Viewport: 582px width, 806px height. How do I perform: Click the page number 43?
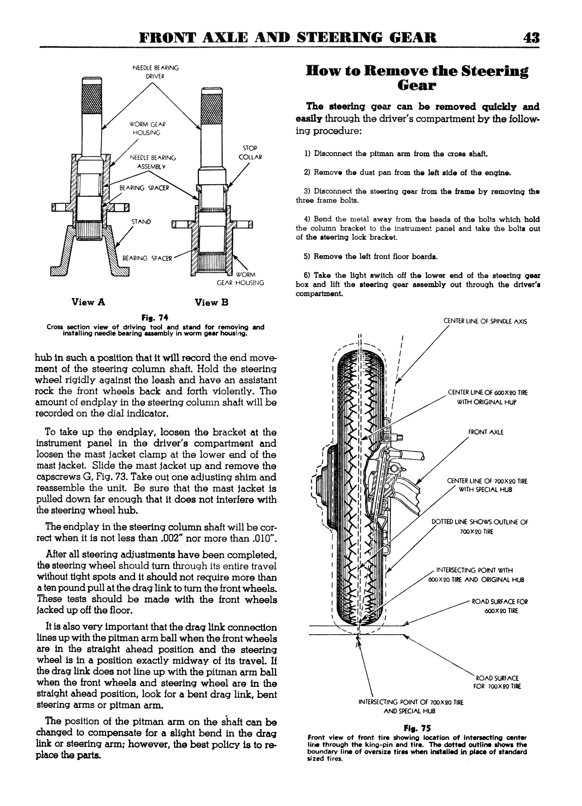(531, 38)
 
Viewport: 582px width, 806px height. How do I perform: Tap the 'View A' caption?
(88, 302)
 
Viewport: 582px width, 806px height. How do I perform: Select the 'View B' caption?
(212, 303)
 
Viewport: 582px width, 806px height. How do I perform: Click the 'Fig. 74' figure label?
(155, 318)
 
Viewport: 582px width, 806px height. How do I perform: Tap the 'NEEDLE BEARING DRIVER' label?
(155, 72)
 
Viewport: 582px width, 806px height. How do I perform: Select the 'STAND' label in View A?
(141, 222)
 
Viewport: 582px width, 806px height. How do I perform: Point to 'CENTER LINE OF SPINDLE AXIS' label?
(485, 322)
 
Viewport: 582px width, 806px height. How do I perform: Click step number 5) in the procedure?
(307, 256)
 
